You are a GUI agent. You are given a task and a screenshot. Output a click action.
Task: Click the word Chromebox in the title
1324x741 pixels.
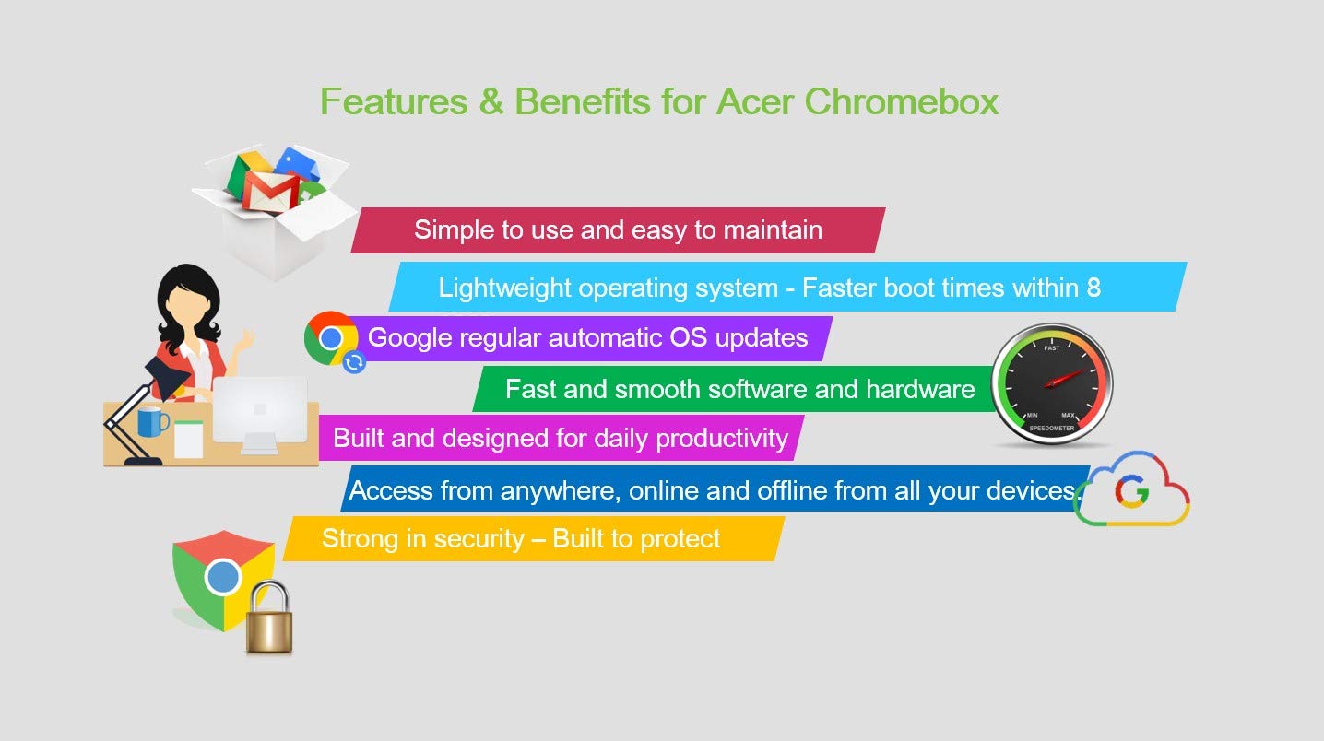point(902,101)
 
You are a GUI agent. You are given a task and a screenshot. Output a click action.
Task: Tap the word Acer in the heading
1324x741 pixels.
point(754,101)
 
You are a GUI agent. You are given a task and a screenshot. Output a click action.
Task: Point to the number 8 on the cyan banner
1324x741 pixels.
point(1093,288)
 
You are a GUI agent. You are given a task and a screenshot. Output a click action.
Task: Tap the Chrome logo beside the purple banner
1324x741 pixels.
point(330,338)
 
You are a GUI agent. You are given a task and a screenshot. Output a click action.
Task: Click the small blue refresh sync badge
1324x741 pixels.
point(354,361)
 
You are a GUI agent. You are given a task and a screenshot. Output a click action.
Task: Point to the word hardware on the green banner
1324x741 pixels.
point(920,390)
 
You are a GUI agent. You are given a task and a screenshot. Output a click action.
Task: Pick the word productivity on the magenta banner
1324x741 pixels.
point(722,439)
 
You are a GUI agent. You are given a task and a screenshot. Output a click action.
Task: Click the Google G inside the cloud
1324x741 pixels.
point(1132,491)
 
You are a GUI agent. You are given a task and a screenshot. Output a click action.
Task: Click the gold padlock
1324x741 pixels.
point(269,618)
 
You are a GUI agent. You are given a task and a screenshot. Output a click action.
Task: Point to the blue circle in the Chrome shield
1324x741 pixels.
point(223,576)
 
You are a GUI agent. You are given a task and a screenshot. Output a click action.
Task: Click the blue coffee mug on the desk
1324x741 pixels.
point(152,422)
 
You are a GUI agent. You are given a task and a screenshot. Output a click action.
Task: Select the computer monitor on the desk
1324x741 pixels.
point(260,415)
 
